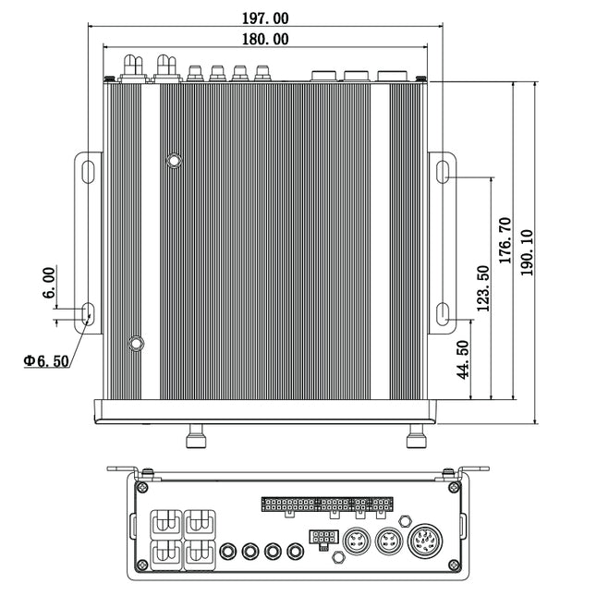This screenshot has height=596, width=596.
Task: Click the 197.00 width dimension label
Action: [x=265, y=18]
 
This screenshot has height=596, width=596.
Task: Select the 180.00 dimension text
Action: [x=265, y=39]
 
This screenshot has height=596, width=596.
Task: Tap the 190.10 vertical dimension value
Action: [x=528, y=252]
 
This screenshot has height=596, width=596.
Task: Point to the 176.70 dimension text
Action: [x=506, y=240]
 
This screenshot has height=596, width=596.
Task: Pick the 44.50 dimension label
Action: [x=463, y=359]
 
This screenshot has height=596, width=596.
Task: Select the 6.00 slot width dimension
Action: [x=49, y=283]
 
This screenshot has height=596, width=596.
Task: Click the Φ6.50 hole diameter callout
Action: [x=46, y=360]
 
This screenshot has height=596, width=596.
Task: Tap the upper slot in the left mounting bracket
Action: [x=88, y=172]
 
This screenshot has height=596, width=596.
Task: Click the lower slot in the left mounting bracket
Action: [x=88, y=314]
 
